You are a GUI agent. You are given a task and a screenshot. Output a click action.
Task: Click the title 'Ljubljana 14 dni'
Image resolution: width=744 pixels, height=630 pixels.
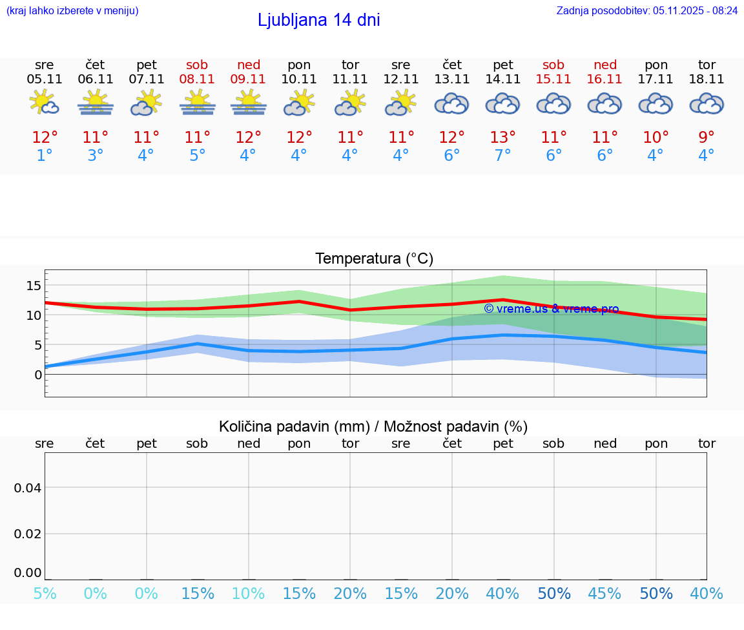coord(318,20)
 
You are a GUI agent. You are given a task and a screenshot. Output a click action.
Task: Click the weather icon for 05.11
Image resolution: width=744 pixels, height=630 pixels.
coord(45,103)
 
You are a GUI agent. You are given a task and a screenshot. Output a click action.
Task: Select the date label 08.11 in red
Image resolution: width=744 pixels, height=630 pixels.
coord(197,79)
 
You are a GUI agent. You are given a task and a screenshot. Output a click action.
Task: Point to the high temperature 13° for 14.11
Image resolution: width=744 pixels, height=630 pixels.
coord(502,138)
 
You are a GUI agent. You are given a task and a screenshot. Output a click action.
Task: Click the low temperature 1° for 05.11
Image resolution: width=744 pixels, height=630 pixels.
coord(45,156)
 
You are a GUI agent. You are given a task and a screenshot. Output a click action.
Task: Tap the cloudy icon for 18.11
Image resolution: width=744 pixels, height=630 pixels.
coord(707,103)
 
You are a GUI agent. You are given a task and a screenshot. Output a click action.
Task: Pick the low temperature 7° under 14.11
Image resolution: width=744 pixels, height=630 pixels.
coord(502,156)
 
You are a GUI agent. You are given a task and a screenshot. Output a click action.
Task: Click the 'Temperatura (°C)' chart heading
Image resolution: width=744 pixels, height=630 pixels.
coord(374,259)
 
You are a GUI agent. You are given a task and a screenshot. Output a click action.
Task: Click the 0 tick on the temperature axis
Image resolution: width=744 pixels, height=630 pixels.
coord(38,375)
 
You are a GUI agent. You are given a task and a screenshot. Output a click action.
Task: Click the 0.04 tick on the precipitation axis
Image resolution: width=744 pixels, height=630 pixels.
coord(28,488)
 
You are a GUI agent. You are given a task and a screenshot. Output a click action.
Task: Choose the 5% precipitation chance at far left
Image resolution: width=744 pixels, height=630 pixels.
coord(45,593)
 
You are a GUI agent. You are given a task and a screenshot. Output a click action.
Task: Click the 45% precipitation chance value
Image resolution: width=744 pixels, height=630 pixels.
coord(604,593)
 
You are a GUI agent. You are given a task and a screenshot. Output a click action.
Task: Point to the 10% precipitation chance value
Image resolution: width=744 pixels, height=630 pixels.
coord(248,593)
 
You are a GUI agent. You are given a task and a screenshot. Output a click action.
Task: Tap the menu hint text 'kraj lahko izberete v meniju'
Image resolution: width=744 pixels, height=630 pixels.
coord(72,11)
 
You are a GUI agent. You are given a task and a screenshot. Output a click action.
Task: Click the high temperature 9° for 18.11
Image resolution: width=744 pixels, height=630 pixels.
coord(707,138)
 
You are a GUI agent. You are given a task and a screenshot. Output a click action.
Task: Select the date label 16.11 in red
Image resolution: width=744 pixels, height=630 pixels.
coord(604,79)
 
